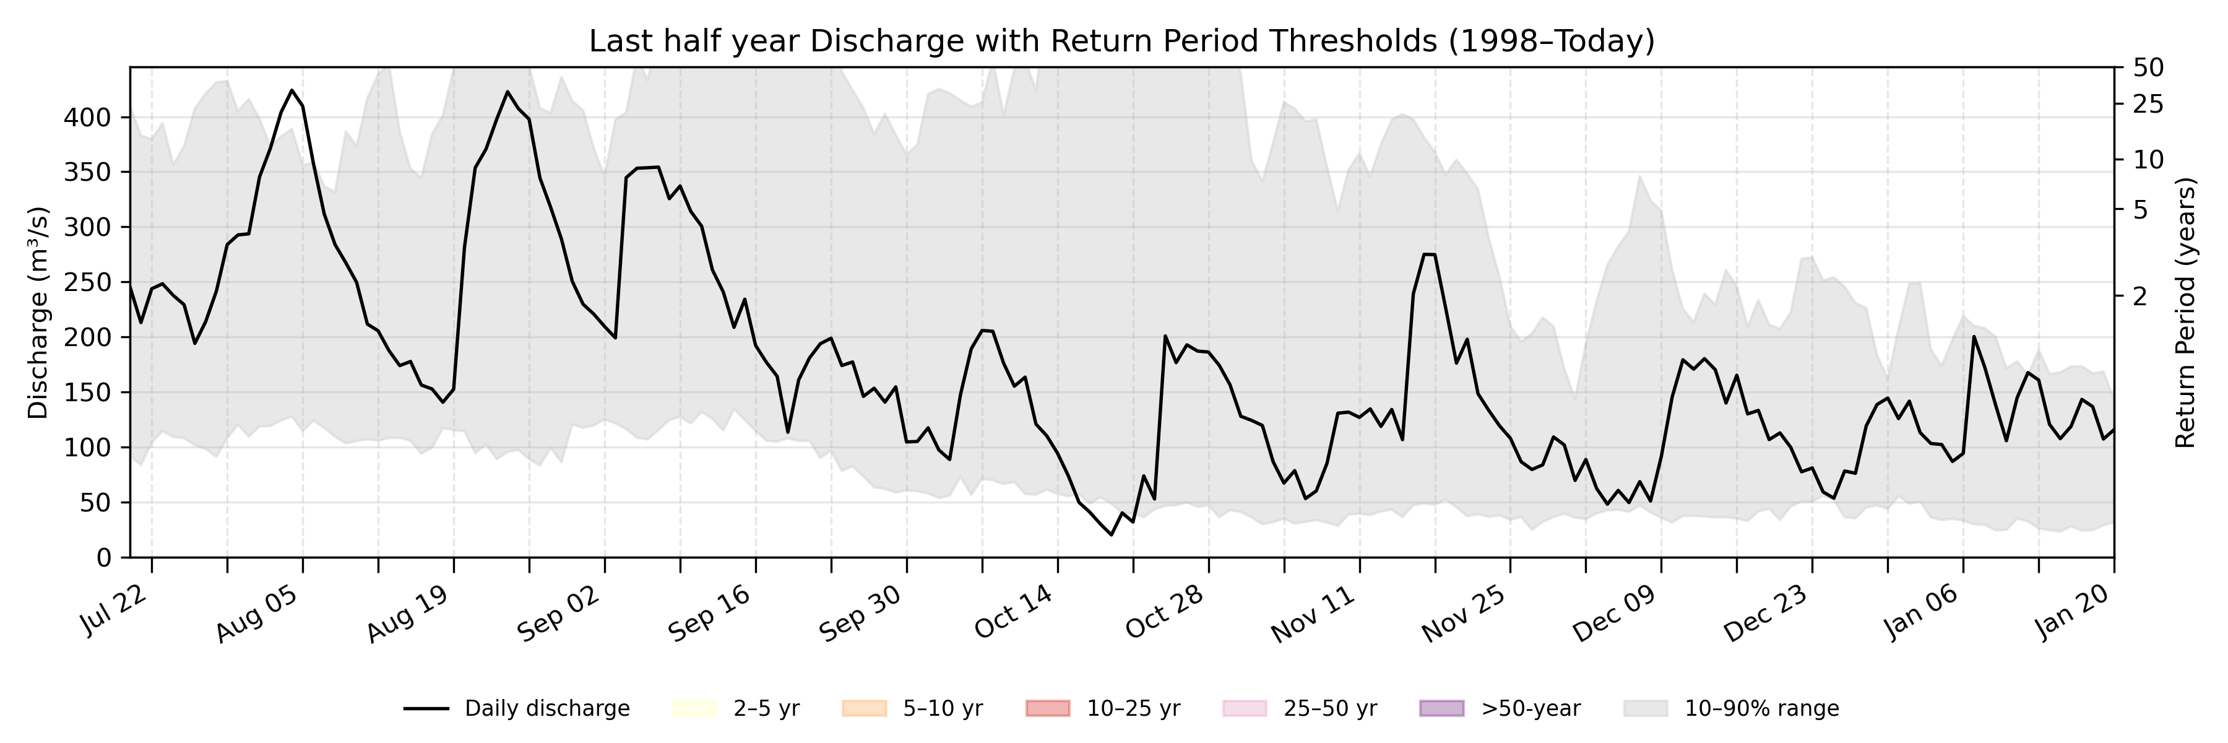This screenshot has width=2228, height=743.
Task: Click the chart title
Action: (1122, 41)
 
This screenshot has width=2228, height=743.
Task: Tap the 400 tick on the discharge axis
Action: (87, 118)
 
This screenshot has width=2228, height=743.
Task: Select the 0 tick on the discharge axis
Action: (104, 558)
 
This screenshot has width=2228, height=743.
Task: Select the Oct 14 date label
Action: (1014, 612)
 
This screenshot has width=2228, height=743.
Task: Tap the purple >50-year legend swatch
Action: (1442, 708)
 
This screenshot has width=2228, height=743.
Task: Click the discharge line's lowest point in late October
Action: (1112, 534)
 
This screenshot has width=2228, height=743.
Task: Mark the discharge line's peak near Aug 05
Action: (292, 90)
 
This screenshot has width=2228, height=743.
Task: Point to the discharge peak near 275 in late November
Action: (1430, 254)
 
